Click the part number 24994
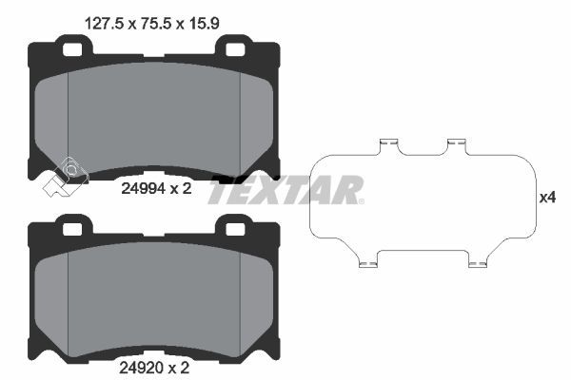142,188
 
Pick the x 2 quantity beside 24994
182,188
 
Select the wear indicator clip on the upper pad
64,173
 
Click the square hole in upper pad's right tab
233,46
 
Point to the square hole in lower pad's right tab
233,226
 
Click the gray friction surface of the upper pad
152,119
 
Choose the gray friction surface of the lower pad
152,299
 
